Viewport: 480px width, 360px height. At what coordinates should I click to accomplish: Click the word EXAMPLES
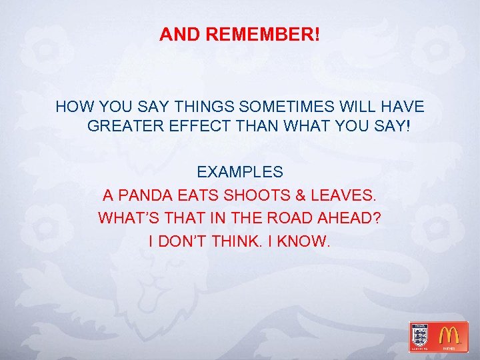point(240,173)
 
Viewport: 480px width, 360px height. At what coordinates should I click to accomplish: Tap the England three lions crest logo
point(420,335)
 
